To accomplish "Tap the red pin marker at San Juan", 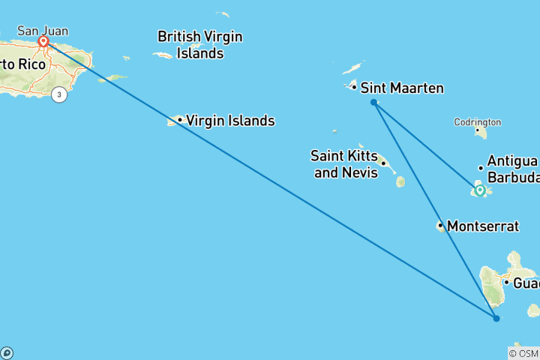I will click(x=43, y=42).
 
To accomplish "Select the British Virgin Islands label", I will click(x=199, y=44).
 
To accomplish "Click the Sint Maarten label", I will click(x=402, y=88).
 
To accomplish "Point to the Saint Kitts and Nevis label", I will click(x=342, y=163).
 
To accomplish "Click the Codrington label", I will click(x=477, y=122).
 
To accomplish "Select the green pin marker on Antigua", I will click(x=480, y=190).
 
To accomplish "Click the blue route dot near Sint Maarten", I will click(x=373, y=102).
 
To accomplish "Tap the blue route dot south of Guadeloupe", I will click(x=496, y=319).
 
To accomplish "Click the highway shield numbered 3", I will click(x=59, y=94).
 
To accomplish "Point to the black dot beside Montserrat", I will click(x=440, y=225).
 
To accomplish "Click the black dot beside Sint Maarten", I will click(x=354, y=87).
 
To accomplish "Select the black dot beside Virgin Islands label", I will click(x=180, y=120).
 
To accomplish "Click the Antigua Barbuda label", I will click(x=512, y=169).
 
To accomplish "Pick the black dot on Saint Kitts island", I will click(x=383, y=163).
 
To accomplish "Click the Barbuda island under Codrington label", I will click(x=480, y=133).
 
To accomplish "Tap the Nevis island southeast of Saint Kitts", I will click(x=400, y=181).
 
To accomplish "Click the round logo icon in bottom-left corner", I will click(x=7, y=352).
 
